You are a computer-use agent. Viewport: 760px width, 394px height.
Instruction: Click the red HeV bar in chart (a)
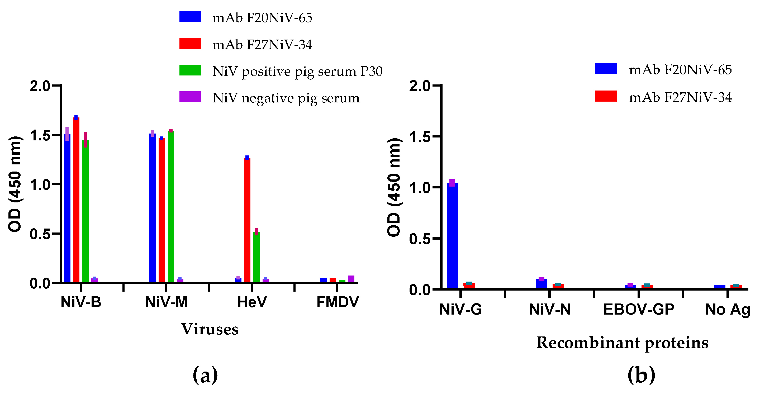click(x=247, y=220)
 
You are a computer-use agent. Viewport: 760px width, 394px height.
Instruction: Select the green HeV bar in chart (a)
click(x=256, y=257)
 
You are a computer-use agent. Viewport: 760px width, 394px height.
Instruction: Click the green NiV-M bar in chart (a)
click(x=171, y=206)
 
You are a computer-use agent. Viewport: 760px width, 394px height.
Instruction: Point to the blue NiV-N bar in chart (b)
click(x=541, y=284)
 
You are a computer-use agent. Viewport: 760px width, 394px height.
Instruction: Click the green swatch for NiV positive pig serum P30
click(x=190, y=70)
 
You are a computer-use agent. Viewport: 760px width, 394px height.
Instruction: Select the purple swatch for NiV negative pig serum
click(x=190, y=97)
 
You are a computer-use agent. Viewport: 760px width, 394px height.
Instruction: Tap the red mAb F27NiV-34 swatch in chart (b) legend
click(x=606, y=96)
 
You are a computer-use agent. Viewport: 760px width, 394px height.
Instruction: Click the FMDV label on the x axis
click(x=337, y=302)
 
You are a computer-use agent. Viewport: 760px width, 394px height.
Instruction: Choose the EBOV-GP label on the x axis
click(x=638, y=310)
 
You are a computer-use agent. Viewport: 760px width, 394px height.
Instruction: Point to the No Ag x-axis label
click(x=727, y=310)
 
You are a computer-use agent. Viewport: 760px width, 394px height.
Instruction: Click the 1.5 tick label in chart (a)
click(x=40, y=135)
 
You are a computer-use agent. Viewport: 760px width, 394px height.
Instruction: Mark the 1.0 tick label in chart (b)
click(x=420, y=188)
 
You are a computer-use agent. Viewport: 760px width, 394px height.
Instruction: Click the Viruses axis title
click(x=210, y=329)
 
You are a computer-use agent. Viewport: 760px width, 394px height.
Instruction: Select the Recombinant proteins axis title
click(x=622, y=343)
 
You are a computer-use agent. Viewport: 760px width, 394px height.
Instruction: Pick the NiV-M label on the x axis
click(x=167, y=302)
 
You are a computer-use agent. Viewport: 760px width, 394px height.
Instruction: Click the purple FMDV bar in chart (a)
click(x=351, y=279)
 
